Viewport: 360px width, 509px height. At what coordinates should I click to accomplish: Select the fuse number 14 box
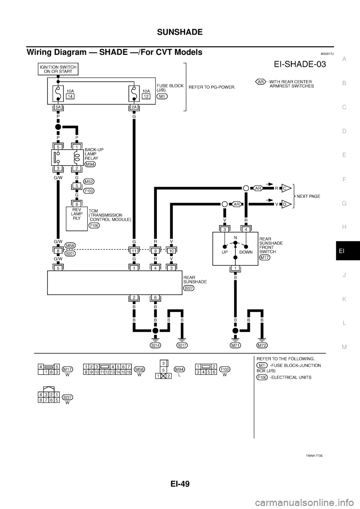coord(70,96)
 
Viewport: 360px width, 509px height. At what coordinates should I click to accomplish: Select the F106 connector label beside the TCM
coord(94,226)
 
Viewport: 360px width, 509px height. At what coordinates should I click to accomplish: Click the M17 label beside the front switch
coord(265,257)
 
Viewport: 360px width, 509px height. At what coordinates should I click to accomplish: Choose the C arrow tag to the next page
coord(285,189)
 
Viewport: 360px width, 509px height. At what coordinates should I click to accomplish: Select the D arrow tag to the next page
coord(285,204)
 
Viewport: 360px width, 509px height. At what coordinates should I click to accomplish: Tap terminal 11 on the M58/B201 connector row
coord(134,250)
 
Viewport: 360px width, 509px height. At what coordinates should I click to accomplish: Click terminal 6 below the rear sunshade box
coord(154,298)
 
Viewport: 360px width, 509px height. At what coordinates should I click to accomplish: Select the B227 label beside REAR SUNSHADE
coord(189,288)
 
